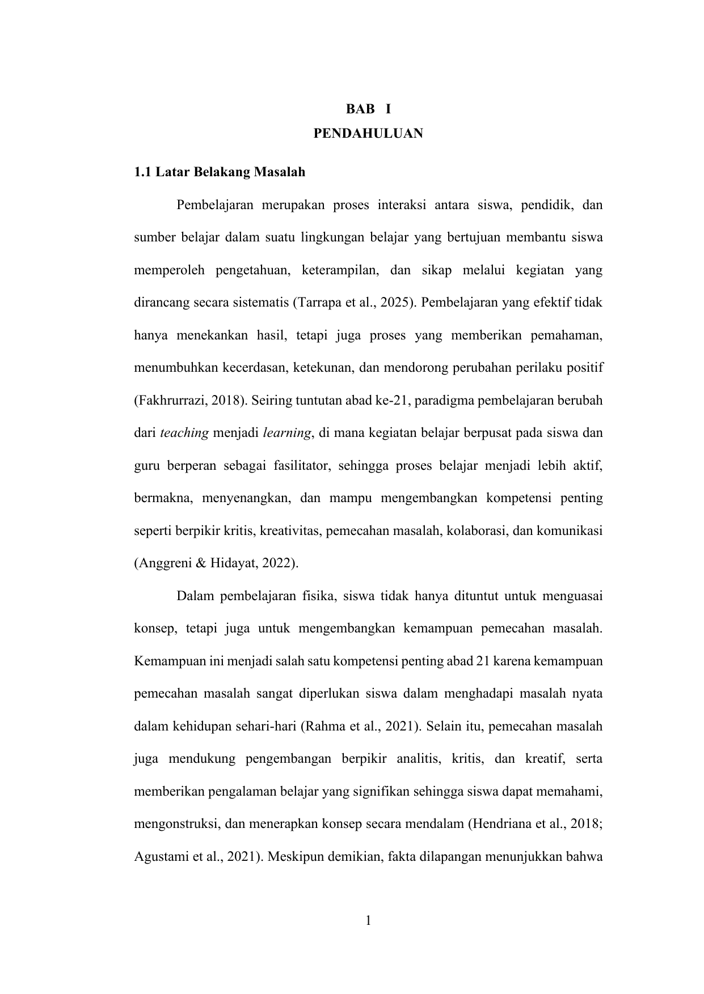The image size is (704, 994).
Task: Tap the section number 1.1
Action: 142,172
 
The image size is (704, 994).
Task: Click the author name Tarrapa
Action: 315,303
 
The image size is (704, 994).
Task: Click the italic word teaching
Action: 185,434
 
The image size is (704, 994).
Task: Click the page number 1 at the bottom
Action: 368,921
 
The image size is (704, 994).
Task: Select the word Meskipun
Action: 291,857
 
